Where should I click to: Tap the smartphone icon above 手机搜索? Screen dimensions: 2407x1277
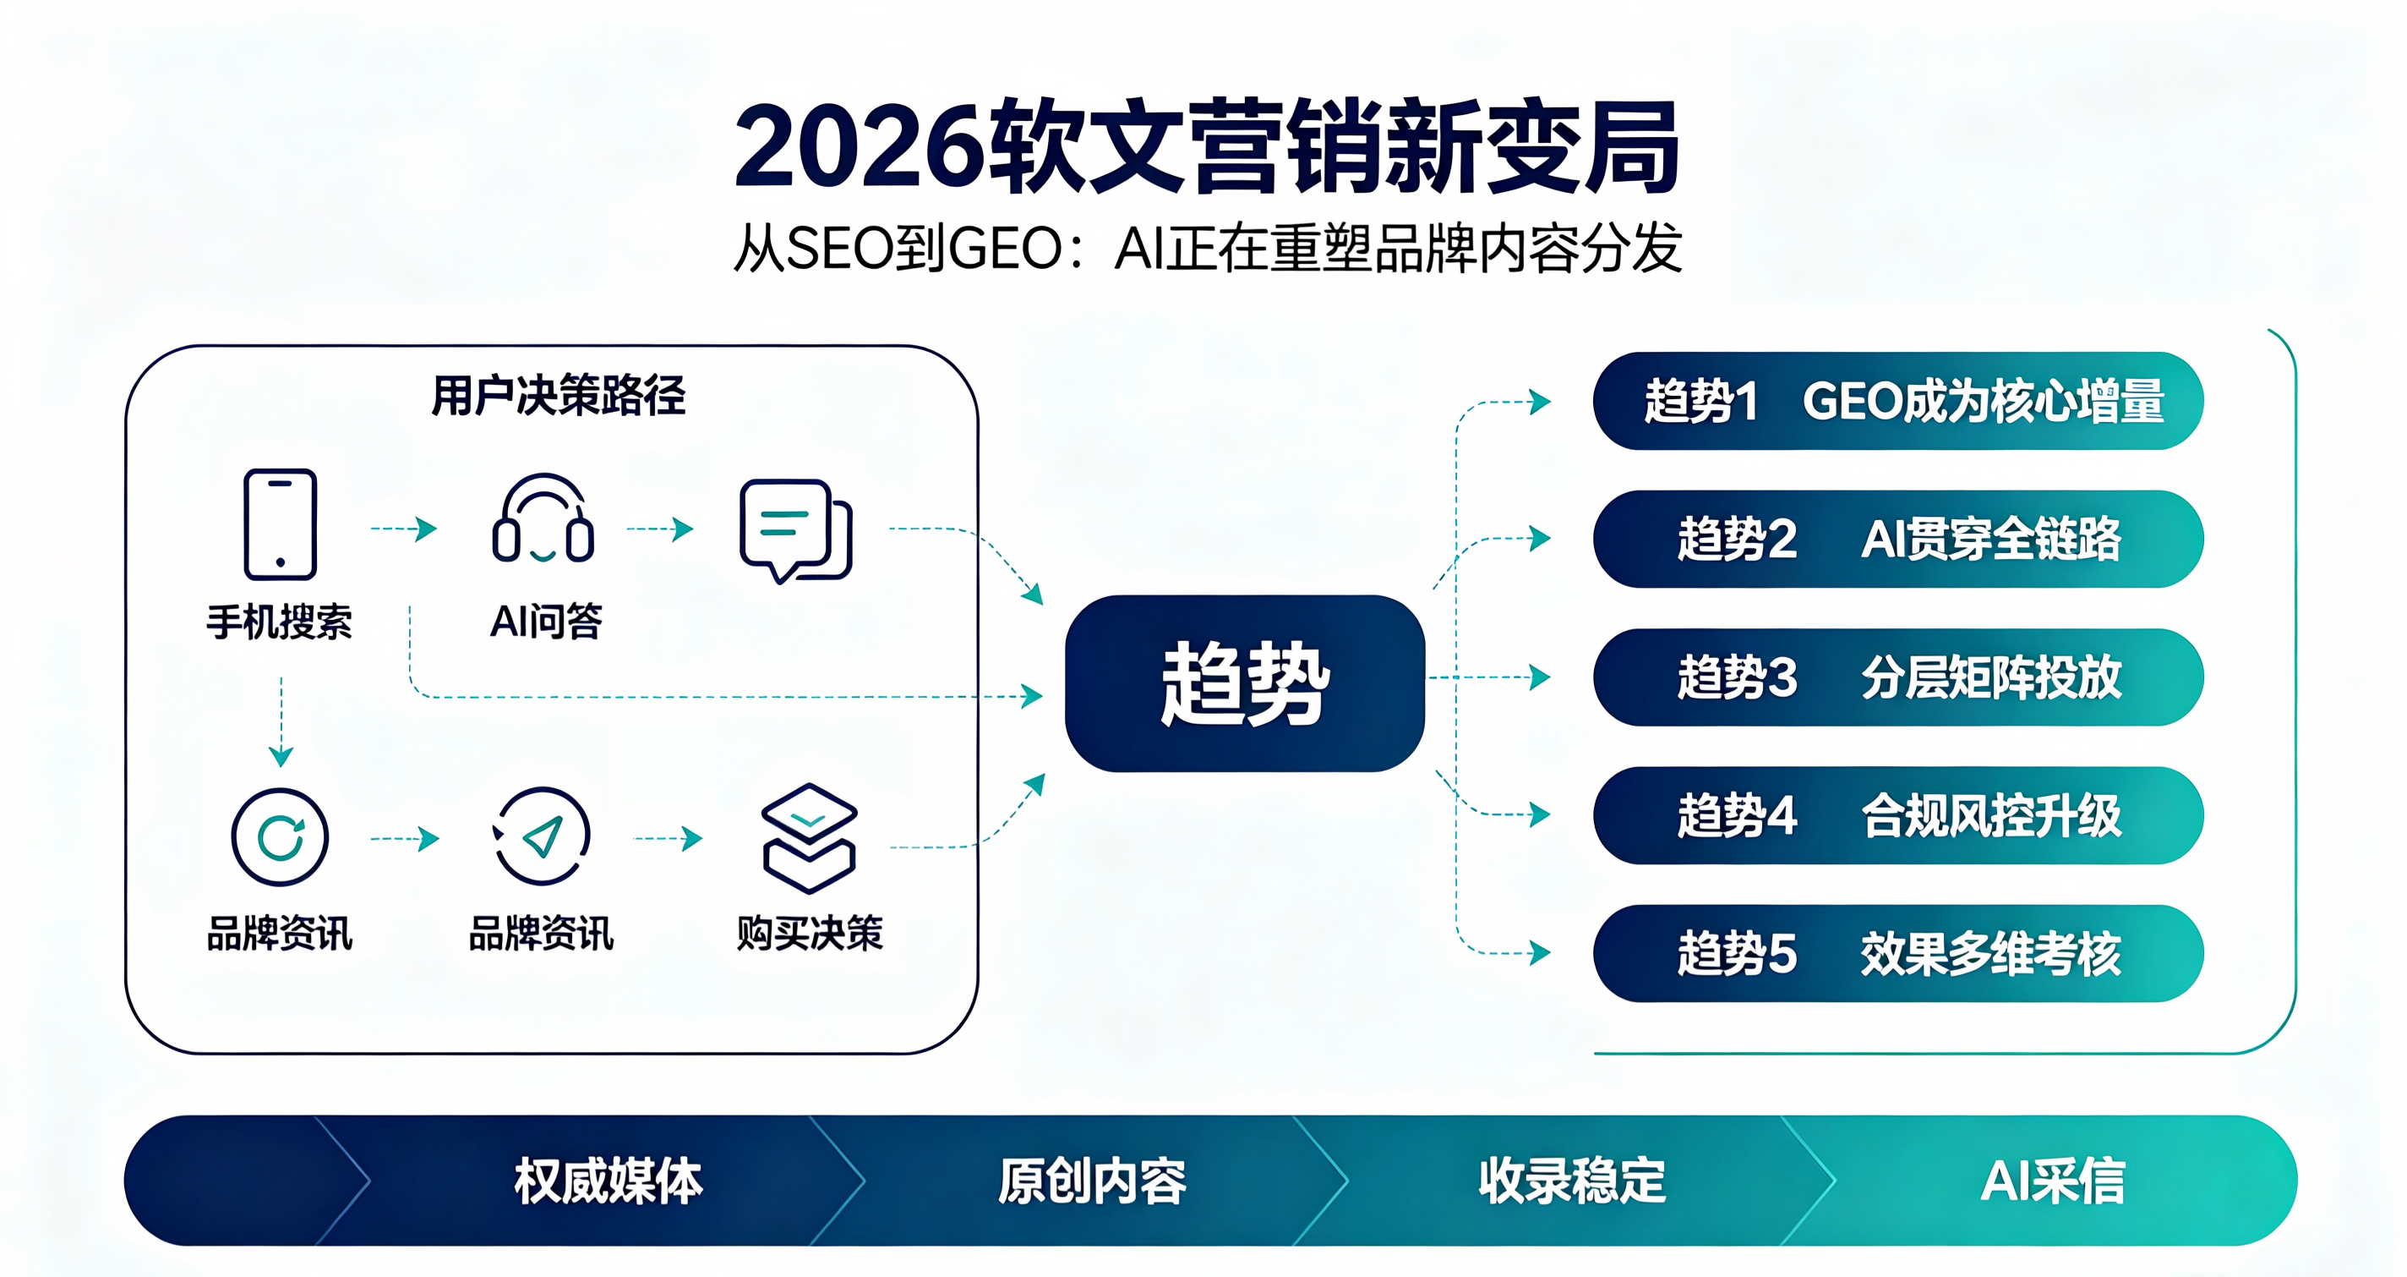click(x=281, y=524)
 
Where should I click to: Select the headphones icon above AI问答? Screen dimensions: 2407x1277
click(x=543, y=519)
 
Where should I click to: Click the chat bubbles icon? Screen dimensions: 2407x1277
click(x=795, y=531)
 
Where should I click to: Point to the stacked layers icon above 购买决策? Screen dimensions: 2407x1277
click(x=809, y=837)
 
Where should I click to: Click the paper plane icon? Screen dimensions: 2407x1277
click(x=542, y=836)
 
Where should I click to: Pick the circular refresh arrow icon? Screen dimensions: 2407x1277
click(x=281, y=836)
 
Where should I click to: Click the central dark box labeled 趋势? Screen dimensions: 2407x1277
click(x=1245, y=683)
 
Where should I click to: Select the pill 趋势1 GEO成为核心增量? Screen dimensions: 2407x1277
click(x=1899, y=401)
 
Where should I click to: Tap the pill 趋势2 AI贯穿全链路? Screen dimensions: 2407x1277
click(x=1899, y=540)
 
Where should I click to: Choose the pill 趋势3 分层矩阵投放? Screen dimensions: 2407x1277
click(x=1899, y=677)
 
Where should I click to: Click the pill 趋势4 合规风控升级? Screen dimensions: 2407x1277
click(x=1899, y=815)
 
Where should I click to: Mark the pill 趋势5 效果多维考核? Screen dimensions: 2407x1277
click(x=1899, y=954)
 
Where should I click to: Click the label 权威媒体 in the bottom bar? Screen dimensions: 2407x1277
click(x=609, y=1181)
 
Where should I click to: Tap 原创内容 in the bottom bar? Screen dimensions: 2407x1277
click(x=1092, y=1181)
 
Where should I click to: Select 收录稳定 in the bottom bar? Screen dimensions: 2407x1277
click(x=1573, y=1181)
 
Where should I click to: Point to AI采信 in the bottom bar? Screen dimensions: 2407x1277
click(x=2053, y=1181)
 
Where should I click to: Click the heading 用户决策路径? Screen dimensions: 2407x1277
click(x=559, y=396)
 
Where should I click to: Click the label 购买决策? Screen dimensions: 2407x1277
click(x=809, y=933)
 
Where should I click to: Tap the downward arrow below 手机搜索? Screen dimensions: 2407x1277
click(x=281, y=721)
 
